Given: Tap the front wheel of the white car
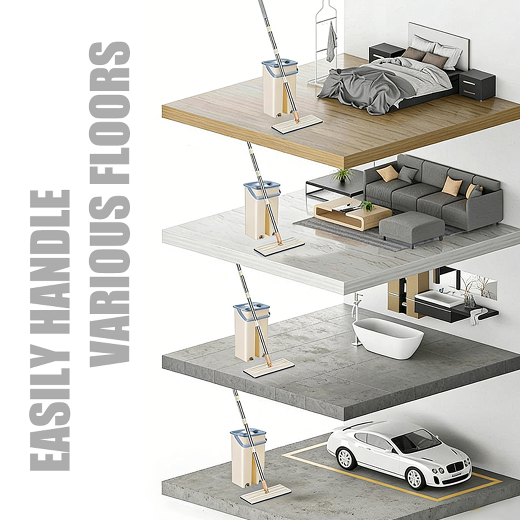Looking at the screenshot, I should point(416,478).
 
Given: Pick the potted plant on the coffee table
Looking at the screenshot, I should point(367,206).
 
